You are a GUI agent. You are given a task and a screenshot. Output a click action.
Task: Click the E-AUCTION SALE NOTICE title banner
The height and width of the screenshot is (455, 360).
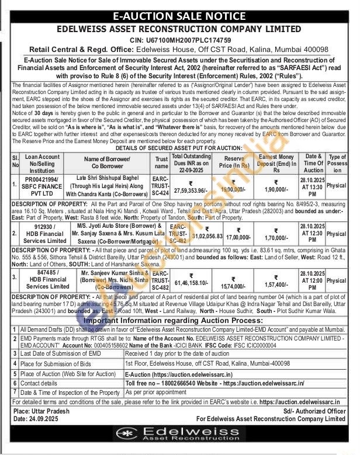pyautogui.click(x=179, y=16)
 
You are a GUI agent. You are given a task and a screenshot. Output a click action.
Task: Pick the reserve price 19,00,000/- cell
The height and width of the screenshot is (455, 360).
pyautogui.click(x=233, y=189)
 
